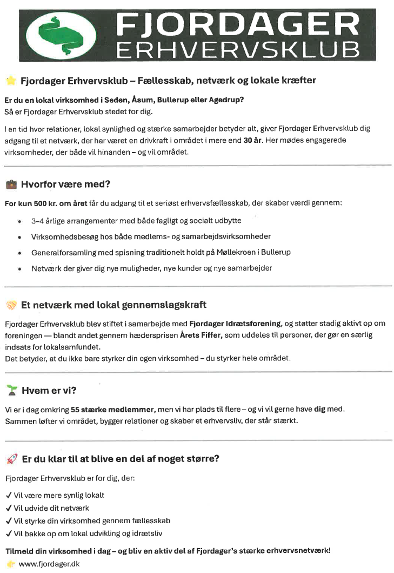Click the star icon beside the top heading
pyautogui.click(x=11, y=81)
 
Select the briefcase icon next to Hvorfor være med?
pyautogui.click(x=11, y=184)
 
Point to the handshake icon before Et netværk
pyautogui.click(x=11, y=305)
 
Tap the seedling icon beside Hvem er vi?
pyautogui.click(x=11, y=390)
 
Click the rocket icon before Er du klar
pyautogui.click(x=11, y=459)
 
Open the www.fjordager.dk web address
pyautogui.click(x=49, y=564)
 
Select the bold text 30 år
pyautogui.click(x=251, y=140)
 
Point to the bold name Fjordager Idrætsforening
pyautogui.click(x=235, y=324)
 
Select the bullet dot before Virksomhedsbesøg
pyautogui.click(x=19, y=237)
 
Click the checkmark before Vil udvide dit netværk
pyautogui.click(x=8, y=508)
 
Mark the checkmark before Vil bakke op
pyautogui.click(x=8, y=534)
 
